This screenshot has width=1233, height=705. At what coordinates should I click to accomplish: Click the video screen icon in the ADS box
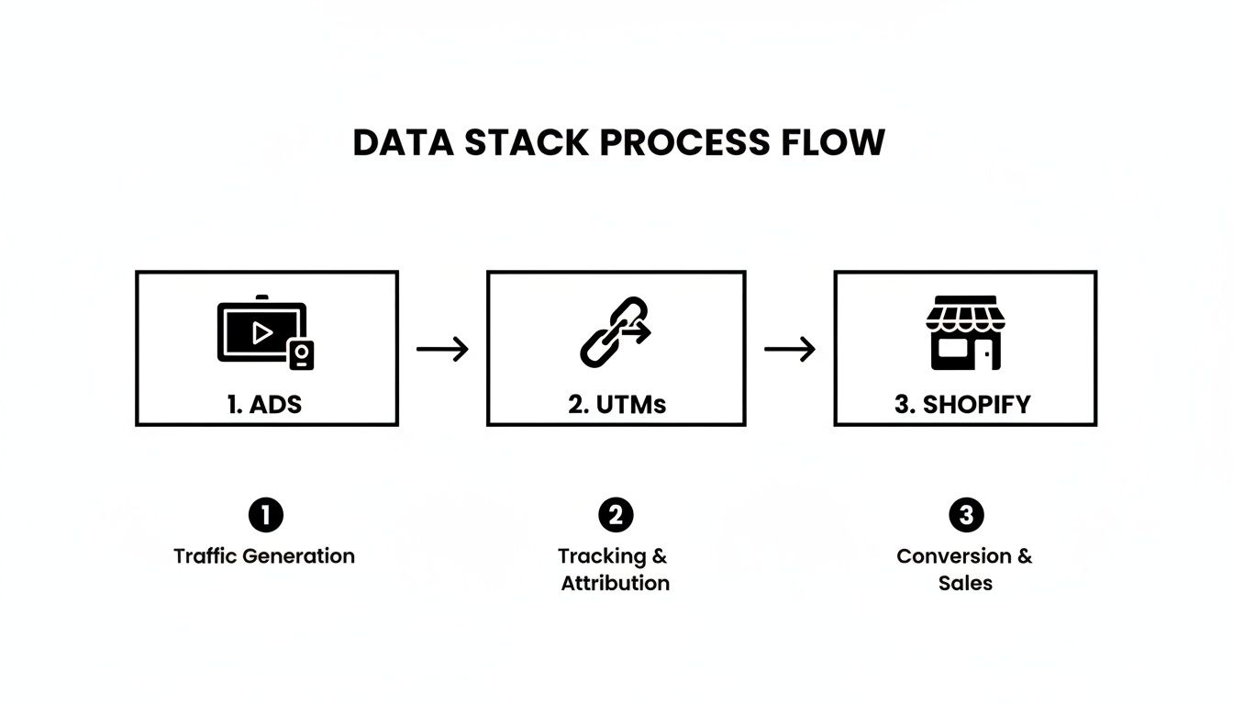coord(260,331)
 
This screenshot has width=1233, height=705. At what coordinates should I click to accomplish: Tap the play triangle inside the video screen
coord(262,332)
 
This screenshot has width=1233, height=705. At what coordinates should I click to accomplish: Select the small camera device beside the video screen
coord(302,354)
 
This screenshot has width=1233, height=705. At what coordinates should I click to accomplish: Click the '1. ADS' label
coord(264,405)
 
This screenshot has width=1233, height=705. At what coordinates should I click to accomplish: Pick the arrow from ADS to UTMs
coord(442,349)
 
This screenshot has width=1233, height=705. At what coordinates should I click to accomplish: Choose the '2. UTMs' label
coord(616,405)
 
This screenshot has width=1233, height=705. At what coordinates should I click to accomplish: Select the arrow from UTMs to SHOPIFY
coord(790,349)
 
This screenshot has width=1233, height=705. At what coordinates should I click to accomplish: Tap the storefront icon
coord(965,332)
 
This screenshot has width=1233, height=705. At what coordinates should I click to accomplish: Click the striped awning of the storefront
coord(965,315)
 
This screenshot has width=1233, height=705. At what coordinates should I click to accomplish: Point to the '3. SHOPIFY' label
coord(962,405)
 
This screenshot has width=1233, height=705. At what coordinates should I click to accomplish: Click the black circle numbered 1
coord(265,515)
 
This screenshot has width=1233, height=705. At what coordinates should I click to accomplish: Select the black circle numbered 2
coord(616,515)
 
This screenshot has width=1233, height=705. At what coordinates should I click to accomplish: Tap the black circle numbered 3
coord(965,515)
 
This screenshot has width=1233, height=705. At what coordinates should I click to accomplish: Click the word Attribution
coord(616,583)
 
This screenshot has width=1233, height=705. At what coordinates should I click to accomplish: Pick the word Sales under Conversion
coord(965,583)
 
